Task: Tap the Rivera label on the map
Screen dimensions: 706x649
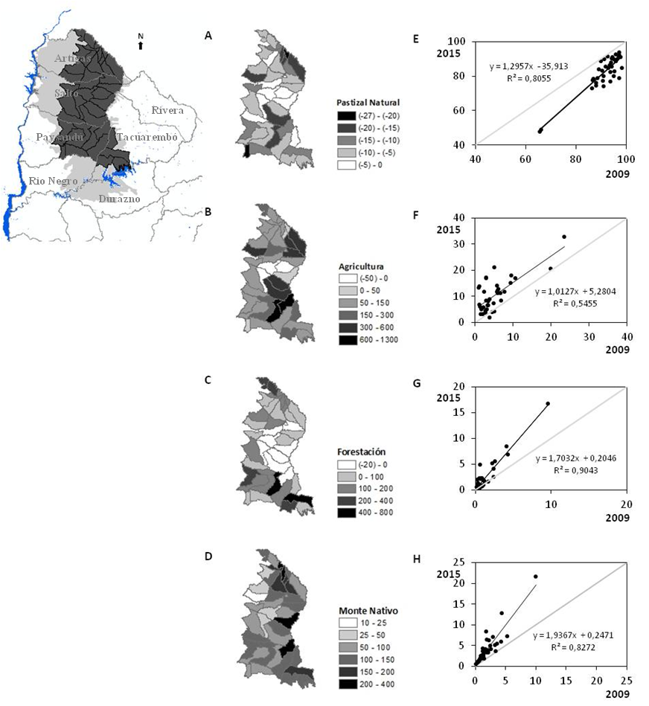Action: coord(167,111)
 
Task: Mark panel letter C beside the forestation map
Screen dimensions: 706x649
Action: coord(208,380)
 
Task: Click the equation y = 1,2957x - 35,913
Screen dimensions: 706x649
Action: coord(528,66)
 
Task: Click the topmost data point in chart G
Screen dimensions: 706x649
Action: coord(548,403)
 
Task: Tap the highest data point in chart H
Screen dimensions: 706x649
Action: coord(536,577)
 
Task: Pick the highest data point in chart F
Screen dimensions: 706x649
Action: coord(564,237)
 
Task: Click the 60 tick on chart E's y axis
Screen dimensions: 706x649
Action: coord(468,110)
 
